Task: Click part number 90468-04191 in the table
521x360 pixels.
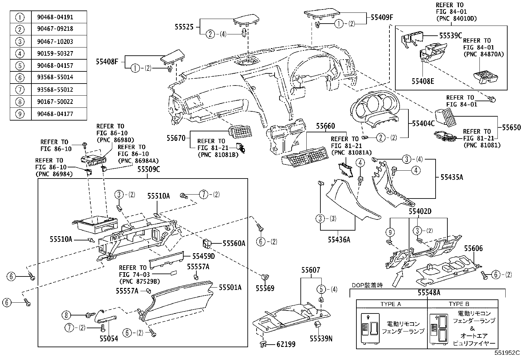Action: (59, 17)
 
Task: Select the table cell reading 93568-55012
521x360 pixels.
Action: (59, 89)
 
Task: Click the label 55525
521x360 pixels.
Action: (184, 28)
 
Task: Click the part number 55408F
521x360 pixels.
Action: (107, 61)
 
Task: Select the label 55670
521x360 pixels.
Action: (176, 138)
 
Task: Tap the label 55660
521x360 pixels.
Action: (325, 126)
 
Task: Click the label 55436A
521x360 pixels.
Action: (339, 240)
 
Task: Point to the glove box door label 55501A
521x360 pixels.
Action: (230, 287)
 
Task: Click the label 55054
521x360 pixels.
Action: (109, 339)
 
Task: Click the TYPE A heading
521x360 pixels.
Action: (390, 304)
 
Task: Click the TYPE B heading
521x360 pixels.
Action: (459, 304)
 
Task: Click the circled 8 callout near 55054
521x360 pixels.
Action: (66, 315)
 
